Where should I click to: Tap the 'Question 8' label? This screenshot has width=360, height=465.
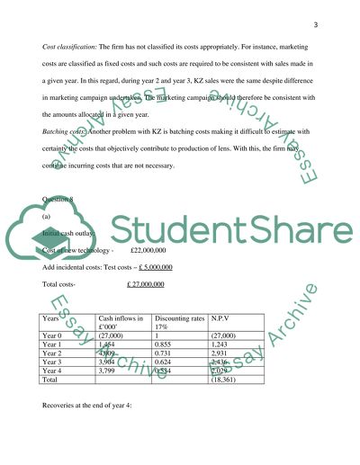(61, 200)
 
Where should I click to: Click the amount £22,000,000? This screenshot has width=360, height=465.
(156, 251)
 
